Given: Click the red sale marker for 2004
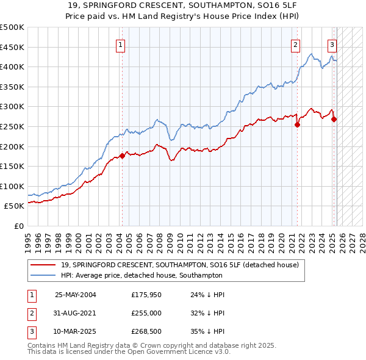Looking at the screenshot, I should [x=122, y=156].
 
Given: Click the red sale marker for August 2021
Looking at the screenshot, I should [x=297, y=124].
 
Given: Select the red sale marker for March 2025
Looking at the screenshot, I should [x=334, y=119].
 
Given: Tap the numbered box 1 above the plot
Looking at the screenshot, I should [x=121, y=44].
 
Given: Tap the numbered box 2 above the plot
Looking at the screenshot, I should [x=295, y=44].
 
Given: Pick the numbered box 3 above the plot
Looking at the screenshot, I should [x=332, y=44].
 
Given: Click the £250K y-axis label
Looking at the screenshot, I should [x=12, y=126].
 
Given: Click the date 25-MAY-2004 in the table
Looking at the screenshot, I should [x=76, y=295].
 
